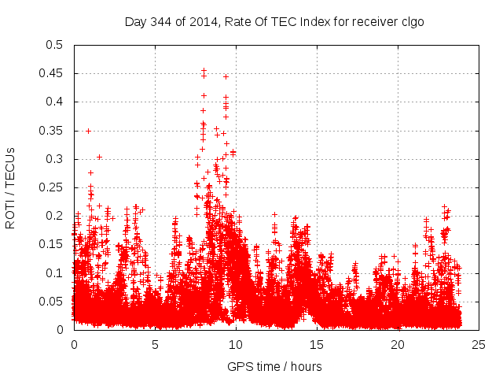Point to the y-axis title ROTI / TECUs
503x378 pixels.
click(x=10, y=187)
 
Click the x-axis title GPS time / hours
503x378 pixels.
click(x=274, y=366)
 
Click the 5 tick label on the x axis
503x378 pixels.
click(x=155, y=344)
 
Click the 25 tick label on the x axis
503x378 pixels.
click(x=479, y=344)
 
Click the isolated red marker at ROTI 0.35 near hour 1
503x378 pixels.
click(x=88, y=131)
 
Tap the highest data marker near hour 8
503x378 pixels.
click(x=204, y=70)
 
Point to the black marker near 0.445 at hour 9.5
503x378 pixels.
click(x=226, y=76)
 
